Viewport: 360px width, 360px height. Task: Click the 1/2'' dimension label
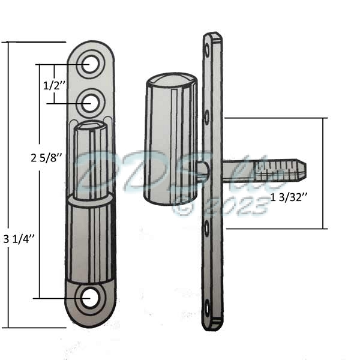52,86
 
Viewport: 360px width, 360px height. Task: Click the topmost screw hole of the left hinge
90,64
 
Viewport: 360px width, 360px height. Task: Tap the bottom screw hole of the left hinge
90,298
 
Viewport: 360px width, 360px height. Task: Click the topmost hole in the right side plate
208,46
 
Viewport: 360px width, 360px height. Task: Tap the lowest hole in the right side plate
208,307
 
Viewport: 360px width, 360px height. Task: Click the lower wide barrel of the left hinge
91,240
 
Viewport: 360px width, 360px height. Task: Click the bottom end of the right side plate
212,324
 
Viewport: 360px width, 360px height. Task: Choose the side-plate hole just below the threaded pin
208,226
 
